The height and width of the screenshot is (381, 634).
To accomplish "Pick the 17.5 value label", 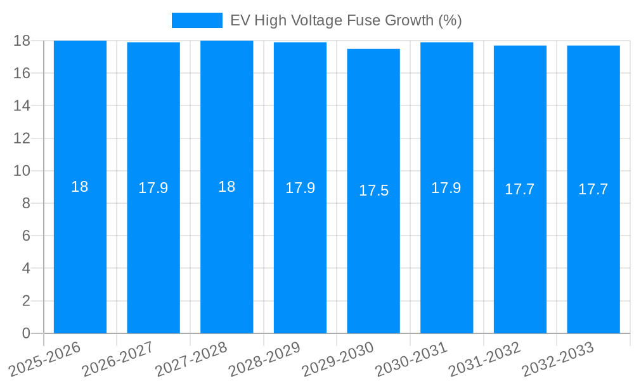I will [373, 190].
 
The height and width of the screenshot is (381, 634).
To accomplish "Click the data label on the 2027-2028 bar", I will [226, 187].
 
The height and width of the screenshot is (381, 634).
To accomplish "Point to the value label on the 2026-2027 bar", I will [153, 188].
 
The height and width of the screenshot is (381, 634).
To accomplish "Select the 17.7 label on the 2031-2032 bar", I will [520, 189].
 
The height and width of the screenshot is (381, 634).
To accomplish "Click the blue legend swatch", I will [197, 20].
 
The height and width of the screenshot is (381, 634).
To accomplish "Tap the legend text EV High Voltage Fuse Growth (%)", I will [346, 20].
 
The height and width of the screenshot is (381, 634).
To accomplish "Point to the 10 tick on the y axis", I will [22, 171].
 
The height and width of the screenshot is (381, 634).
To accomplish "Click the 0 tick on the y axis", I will [26, 333].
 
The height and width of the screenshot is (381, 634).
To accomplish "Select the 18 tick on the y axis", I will [22, 41].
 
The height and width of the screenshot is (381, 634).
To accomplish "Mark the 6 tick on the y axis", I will [26, 236].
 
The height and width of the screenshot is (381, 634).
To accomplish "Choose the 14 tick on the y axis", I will [22, 105].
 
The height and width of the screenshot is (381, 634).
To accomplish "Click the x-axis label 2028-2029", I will [264, 359].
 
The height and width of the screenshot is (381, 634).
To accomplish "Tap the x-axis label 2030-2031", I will [411, 359].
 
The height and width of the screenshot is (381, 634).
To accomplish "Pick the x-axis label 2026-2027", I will [117, 359].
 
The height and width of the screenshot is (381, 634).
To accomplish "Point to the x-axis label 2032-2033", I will [557, 359].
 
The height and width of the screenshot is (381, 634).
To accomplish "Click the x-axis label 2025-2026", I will [44, 359].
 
